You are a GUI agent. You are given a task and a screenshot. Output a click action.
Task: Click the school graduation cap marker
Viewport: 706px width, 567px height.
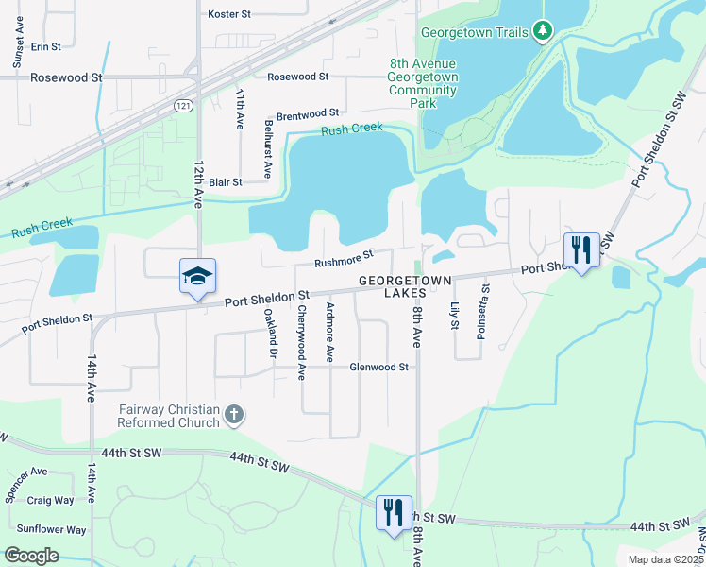click(198, 276)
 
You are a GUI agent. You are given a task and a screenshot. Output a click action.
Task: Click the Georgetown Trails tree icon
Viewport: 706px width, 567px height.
click(542, 32)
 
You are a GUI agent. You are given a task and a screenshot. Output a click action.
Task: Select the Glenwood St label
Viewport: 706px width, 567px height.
click(378, 367)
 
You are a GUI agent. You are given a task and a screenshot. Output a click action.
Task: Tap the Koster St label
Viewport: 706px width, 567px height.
click(229, 14)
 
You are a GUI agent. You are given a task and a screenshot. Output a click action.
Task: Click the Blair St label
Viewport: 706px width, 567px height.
click(226, 181)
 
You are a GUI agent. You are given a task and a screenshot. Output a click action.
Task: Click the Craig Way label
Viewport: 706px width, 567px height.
click(50, 500)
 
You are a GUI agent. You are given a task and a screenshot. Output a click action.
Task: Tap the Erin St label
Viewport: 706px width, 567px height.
click(45, 45)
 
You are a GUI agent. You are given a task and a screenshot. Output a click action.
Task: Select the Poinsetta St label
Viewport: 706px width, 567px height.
click(486, 307)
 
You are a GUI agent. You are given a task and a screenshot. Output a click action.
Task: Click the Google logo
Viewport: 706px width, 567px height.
click(32, 556)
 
